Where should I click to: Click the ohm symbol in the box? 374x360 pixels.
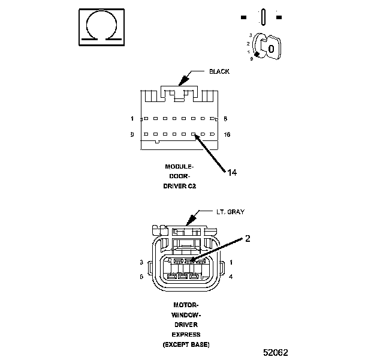(x=102, y=27)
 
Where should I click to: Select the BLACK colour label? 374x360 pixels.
(x=219, y=71)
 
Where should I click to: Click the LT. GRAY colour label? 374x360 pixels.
(x=230, y=212)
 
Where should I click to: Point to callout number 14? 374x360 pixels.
(x=232, y=173)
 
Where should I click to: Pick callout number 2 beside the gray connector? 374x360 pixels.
(x=247, y=238)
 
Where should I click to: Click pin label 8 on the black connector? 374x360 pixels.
(x=225, y=119)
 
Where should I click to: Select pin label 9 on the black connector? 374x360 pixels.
(x=132, y=135)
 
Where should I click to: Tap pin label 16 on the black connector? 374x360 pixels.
(x=227, y=135)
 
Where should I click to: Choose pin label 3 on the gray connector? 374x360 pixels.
(x=141, y=262)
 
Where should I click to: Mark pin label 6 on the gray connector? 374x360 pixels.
(x=141, y=277)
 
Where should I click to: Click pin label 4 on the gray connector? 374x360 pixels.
(x=231, y=277)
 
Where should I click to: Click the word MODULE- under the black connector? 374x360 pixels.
(x=179, y=166)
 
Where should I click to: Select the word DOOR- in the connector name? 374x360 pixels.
(x=179, y=176)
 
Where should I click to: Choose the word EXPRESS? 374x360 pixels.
(x=185, y=334)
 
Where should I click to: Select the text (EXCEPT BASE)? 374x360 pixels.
(x=185, y=344)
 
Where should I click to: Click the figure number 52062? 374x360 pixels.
(x=280, y=351)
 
